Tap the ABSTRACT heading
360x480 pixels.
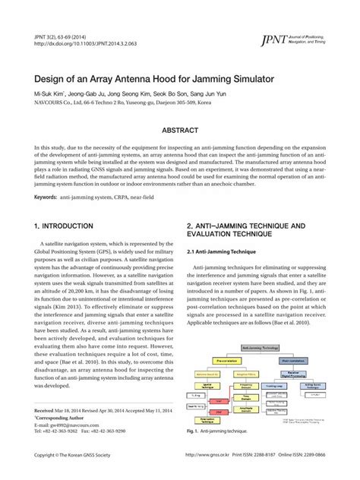[179, 131]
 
